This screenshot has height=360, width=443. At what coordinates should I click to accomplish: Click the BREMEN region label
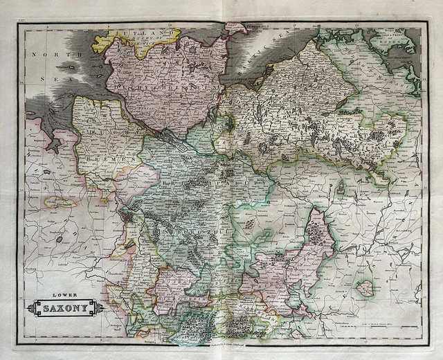pos(118,159)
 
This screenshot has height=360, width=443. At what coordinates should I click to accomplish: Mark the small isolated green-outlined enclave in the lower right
pos(365,288)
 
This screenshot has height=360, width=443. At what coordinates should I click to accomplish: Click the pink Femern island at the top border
pos(235,28)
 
